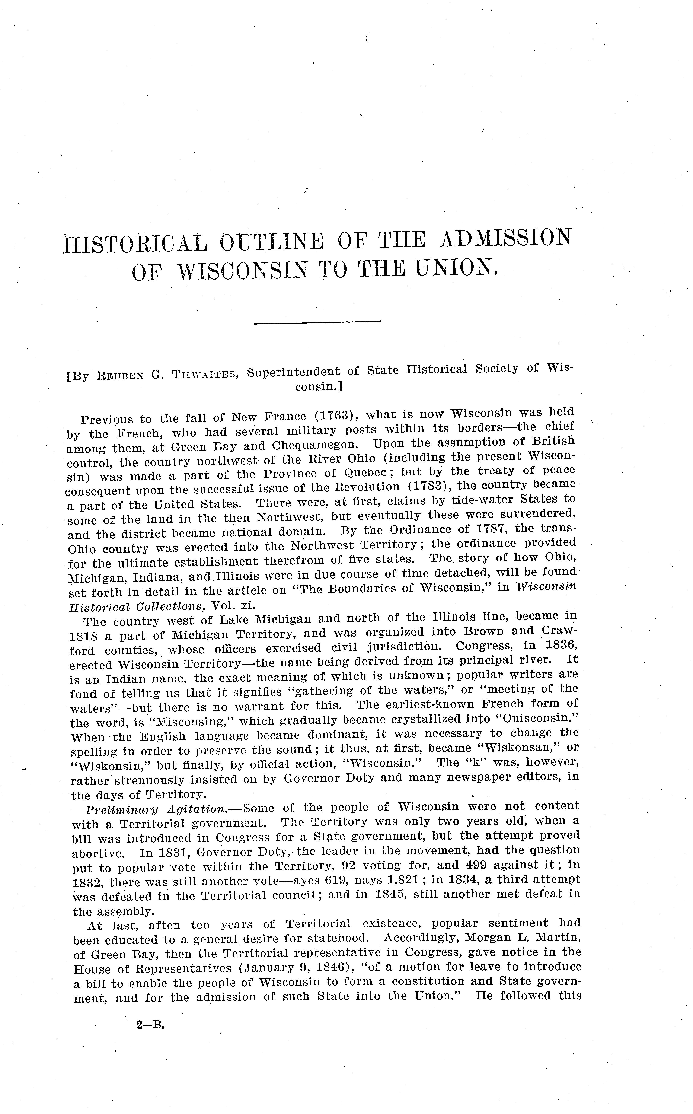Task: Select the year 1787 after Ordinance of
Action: [x=493, y=529]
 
